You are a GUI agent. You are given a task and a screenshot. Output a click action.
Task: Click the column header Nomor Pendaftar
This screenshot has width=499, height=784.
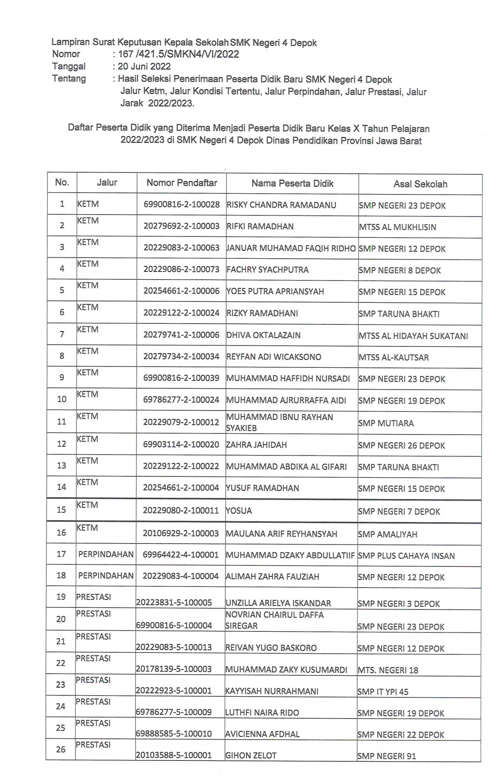(x=181, y=183)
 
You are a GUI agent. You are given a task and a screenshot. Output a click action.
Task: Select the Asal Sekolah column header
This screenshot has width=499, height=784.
(x=420, y=184)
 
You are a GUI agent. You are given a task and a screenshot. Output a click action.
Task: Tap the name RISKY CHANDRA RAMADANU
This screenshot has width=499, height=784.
(x=281, y=205)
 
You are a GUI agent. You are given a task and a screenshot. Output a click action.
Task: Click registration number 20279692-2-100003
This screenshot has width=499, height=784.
(x=181, y=226)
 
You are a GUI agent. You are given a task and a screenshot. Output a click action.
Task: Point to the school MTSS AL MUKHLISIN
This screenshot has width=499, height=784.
(x=397, y=227)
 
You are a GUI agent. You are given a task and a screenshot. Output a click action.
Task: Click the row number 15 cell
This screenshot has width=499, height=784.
(x=62, y=510)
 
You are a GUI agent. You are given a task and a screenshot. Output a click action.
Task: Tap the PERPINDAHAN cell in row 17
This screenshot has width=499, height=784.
(x=106, y=555)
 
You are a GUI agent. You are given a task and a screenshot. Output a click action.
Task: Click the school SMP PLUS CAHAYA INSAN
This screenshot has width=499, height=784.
(x=406, y=556)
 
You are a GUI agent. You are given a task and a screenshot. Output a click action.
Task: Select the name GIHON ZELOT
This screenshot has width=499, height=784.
(x=251, y=755)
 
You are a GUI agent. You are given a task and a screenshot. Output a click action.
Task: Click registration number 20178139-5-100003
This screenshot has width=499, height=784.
(x=174, y=669)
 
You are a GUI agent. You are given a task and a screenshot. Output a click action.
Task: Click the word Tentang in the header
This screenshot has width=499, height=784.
(x=69, y=79)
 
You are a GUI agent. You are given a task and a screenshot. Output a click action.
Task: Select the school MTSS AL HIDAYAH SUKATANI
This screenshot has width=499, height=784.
(x=413, y=336)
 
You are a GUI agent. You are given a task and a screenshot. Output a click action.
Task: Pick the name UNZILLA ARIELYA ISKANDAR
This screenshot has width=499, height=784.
(x=278, y=603)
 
